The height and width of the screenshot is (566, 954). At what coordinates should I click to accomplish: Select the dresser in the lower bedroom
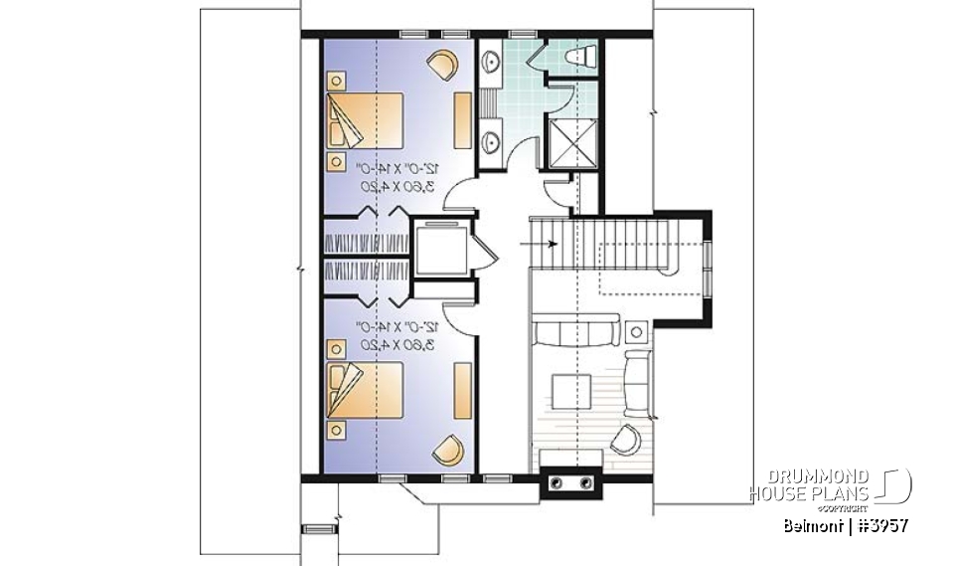[x=462, y=391]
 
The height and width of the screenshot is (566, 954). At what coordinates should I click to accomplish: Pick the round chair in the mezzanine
[x=626, y=439]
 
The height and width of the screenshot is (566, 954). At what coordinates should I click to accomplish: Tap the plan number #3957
[x=879, y=524]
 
